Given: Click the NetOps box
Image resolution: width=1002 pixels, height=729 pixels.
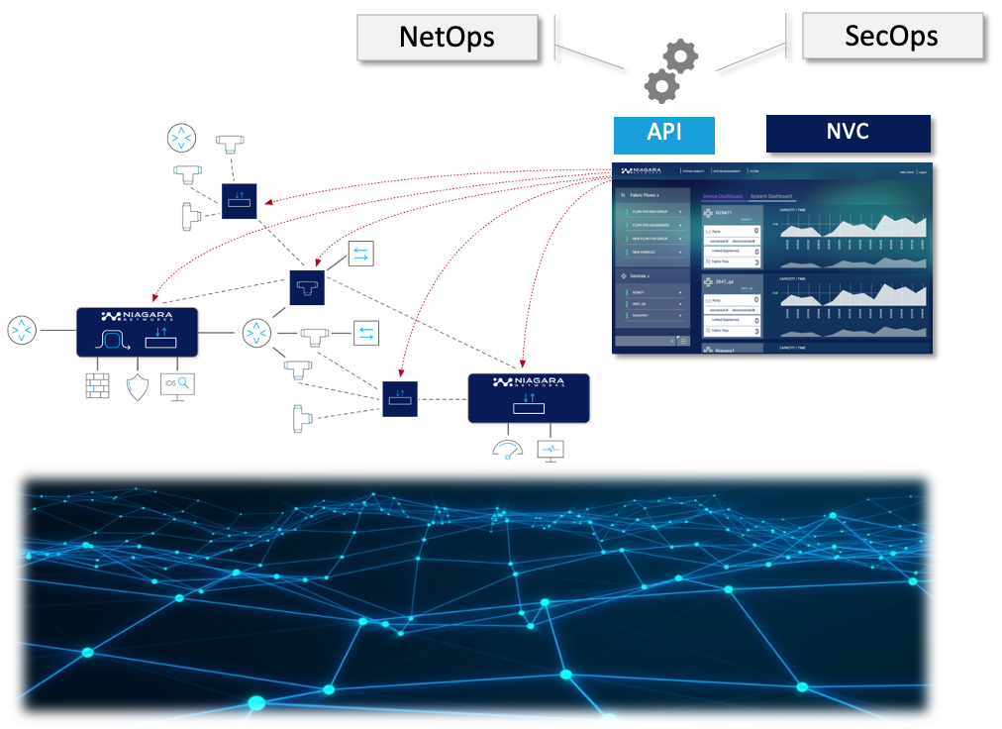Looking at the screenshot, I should point(447,38).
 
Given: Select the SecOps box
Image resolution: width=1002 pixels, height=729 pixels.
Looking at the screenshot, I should point(891,38).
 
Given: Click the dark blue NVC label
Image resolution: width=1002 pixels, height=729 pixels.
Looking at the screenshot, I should point(848,133).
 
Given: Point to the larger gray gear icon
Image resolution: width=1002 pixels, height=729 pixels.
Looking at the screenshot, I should point(661,86).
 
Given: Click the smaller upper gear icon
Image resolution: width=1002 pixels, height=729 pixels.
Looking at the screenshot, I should point(680,55).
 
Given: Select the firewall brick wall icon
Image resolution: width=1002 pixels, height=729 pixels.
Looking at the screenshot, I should point(97,386).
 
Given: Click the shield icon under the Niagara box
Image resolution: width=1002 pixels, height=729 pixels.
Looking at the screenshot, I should point(137,386).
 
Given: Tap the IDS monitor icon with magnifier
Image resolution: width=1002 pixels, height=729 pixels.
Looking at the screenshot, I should point(178,385).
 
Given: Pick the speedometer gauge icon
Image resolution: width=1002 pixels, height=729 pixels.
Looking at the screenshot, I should point(507,450).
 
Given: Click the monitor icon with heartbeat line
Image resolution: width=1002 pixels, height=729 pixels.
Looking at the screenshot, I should point(551,450).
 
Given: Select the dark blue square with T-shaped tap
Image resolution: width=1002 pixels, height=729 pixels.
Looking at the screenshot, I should point(307,287).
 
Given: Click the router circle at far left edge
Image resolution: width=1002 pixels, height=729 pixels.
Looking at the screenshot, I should point(21,331).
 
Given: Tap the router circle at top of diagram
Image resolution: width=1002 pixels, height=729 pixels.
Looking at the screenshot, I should point(181,138).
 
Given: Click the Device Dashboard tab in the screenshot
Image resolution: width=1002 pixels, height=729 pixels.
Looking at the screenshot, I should point(722,196).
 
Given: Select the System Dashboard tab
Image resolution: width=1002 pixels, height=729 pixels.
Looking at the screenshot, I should point(771,196).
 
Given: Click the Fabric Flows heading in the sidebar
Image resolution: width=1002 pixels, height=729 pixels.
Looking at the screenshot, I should point(646,195).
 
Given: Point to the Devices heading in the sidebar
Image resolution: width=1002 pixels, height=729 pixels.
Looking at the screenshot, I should point(642,275).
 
